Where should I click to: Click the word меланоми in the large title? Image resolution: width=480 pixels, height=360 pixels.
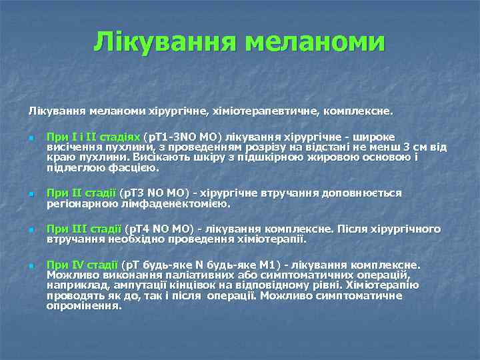[x=315, y=42]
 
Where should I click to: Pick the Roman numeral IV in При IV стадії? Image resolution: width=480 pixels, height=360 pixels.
[x=75, y=265]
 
